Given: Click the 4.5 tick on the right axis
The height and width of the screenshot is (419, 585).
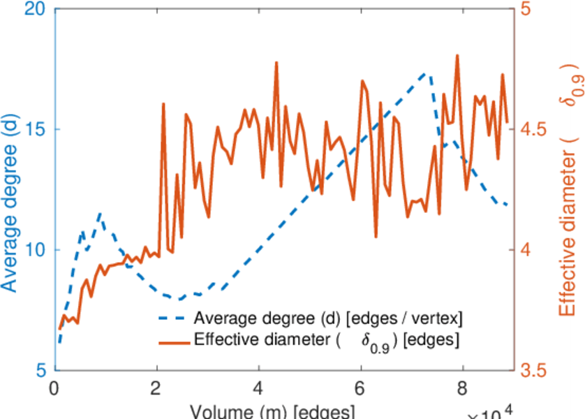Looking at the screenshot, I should (533, 129).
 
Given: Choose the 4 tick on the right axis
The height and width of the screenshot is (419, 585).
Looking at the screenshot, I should (528, 250).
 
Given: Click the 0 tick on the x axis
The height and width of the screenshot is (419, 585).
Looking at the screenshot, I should (55, 387).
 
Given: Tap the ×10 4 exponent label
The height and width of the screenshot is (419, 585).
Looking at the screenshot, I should (493, 412).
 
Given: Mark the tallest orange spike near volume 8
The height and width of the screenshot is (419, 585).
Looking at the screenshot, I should (457, 55).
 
